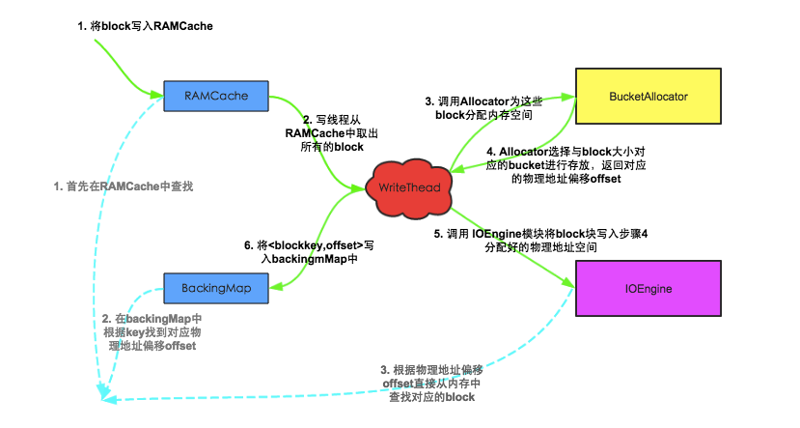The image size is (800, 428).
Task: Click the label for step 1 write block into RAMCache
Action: click(145, 26)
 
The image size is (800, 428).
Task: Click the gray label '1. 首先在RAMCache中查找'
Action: click(134, 185)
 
